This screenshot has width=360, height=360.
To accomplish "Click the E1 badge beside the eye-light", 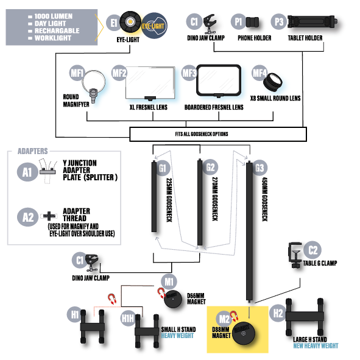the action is coord(114,23).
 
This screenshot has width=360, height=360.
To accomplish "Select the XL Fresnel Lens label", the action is coord(149,107).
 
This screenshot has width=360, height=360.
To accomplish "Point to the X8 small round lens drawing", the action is coord(272,82).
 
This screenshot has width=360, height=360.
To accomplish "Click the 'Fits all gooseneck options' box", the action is coord(218,134).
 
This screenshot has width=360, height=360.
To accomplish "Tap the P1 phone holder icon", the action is coord(252,23).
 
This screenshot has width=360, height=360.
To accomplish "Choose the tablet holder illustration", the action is coord(312,21).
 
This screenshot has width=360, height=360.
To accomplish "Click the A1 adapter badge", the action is coord(27,172).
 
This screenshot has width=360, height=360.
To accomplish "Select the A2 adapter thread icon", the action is coord(49,216).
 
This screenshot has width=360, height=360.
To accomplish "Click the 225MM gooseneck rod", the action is coord(154,196).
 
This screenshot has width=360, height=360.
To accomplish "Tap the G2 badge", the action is coord(210,167).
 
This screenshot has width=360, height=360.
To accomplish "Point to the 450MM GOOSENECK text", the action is coord(265,199).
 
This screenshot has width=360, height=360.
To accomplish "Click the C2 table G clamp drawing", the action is coord(295,255).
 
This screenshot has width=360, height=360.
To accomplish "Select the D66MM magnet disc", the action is coord(172,299).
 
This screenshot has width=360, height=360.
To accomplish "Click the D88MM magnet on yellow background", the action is coord(243,333).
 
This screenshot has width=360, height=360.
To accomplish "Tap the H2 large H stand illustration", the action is coord(305,317).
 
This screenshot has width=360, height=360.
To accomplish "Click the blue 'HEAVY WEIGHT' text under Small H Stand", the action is coord(177,336).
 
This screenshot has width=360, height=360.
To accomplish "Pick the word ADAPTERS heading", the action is coord(33,151).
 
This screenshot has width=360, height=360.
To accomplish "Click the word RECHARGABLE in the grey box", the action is coord(57,30).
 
